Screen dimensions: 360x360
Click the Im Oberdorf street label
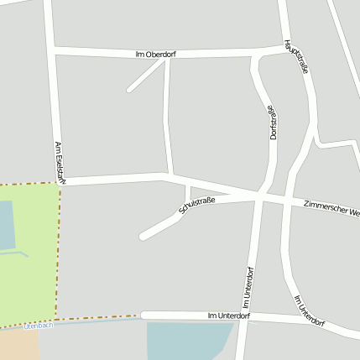click(155, 55)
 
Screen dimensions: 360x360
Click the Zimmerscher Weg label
click(332, 208)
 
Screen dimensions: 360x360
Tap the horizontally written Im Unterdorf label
click(228, 316)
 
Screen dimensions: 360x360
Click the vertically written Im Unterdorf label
click(248, 287)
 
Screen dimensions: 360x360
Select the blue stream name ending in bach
click(38, 325)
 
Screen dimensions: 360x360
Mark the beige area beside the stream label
click(17, 344)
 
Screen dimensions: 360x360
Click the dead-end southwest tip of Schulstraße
click(143, 237)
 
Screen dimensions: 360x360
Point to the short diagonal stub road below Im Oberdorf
click(143, 76)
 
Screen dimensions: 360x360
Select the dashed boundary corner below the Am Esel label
click(60, 185)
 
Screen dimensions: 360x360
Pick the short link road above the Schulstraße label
click(187, 193)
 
